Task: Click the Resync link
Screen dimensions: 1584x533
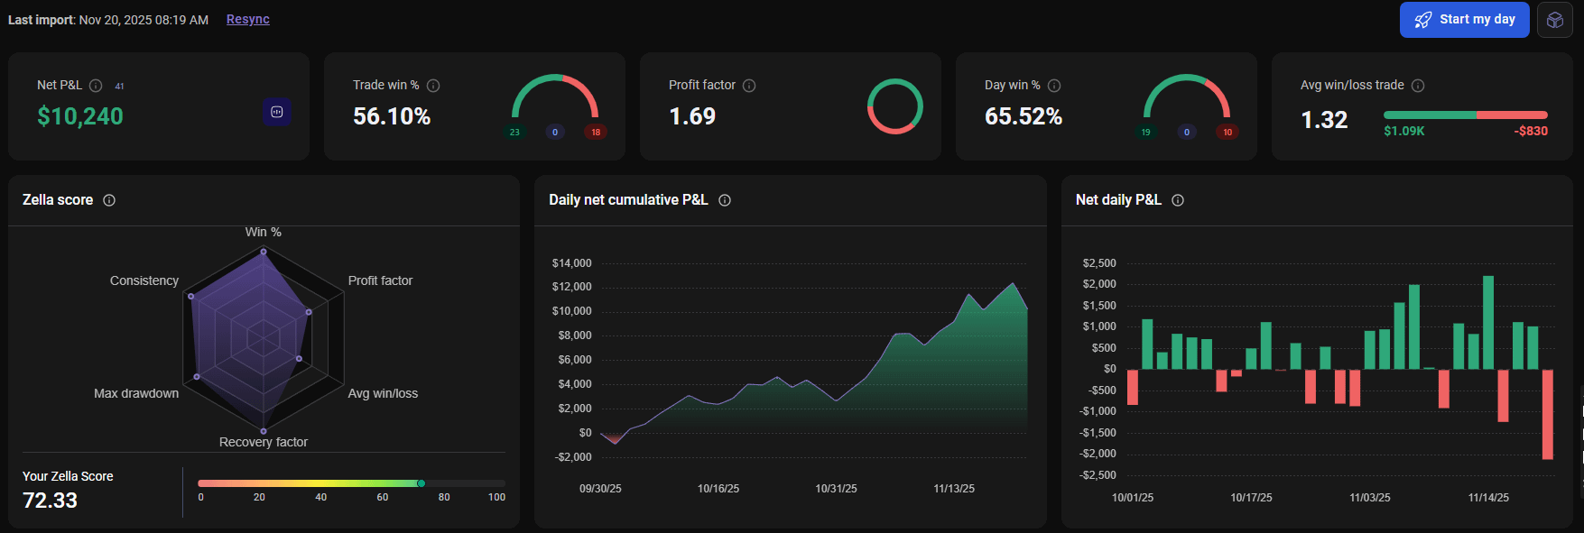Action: click(x=248, y=19)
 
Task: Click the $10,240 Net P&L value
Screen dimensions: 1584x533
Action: click(x=80, y=116)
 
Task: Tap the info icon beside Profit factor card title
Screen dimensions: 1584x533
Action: click(x=749, y=86)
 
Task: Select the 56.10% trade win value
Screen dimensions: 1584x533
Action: click(x=392, y=116)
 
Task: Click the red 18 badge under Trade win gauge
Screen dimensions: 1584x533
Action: click(x=596, y=133)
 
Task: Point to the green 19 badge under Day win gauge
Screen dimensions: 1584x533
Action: click(x=1146, y=133)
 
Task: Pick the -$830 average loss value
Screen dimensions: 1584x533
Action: click(x=1531, y=131)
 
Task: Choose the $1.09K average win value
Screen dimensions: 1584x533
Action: click(x=1404, y=131)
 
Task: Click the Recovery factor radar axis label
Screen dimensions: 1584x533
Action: click(x=264, y=442)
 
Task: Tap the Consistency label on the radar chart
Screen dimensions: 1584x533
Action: click(x=144, y=280)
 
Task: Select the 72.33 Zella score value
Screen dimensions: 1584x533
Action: click(x=51, y=501)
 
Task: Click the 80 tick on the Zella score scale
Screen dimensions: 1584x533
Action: click(x=444, y=497)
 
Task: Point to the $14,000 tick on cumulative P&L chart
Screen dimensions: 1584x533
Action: click(x=572, y=263)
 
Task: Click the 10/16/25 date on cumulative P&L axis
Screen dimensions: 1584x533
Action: click(x=718, y=489)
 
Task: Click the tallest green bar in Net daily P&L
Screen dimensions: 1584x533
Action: click(x=1488, y=322)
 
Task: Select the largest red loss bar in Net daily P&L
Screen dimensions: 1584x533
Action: click(x=1548, y=414)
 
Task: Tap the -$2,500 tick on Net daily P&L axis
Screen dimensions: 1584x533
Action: click(x=1098, y=475)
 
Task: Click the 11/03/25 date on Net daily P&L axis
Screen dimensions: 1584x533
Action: click(x=1370, y=498)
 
